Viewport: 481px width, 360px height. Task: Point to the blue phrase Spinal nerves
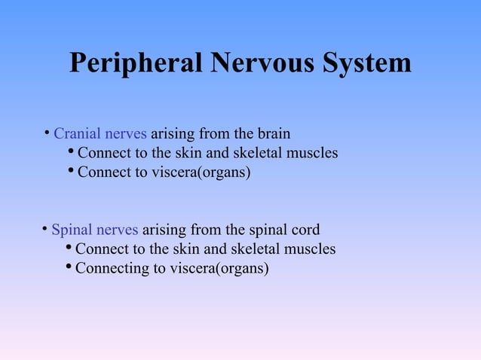coord(94,230)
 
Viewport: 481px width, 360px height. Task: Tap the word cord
coord(305,230)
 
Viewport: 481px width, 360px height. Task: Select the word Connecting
coord(109,267)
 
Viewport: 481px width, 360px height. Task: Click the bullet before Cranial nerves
coord(47,134)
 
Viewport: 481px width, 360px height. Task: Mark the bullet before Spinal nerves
coord(44,229)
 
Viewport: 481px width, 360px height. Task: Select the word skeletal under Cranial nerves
coord(256,154)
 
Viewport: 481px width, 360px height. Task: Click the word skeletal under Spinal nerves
coord(254,249)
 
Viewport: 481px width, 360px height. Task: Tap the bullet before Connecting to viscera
coord(69,267)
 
